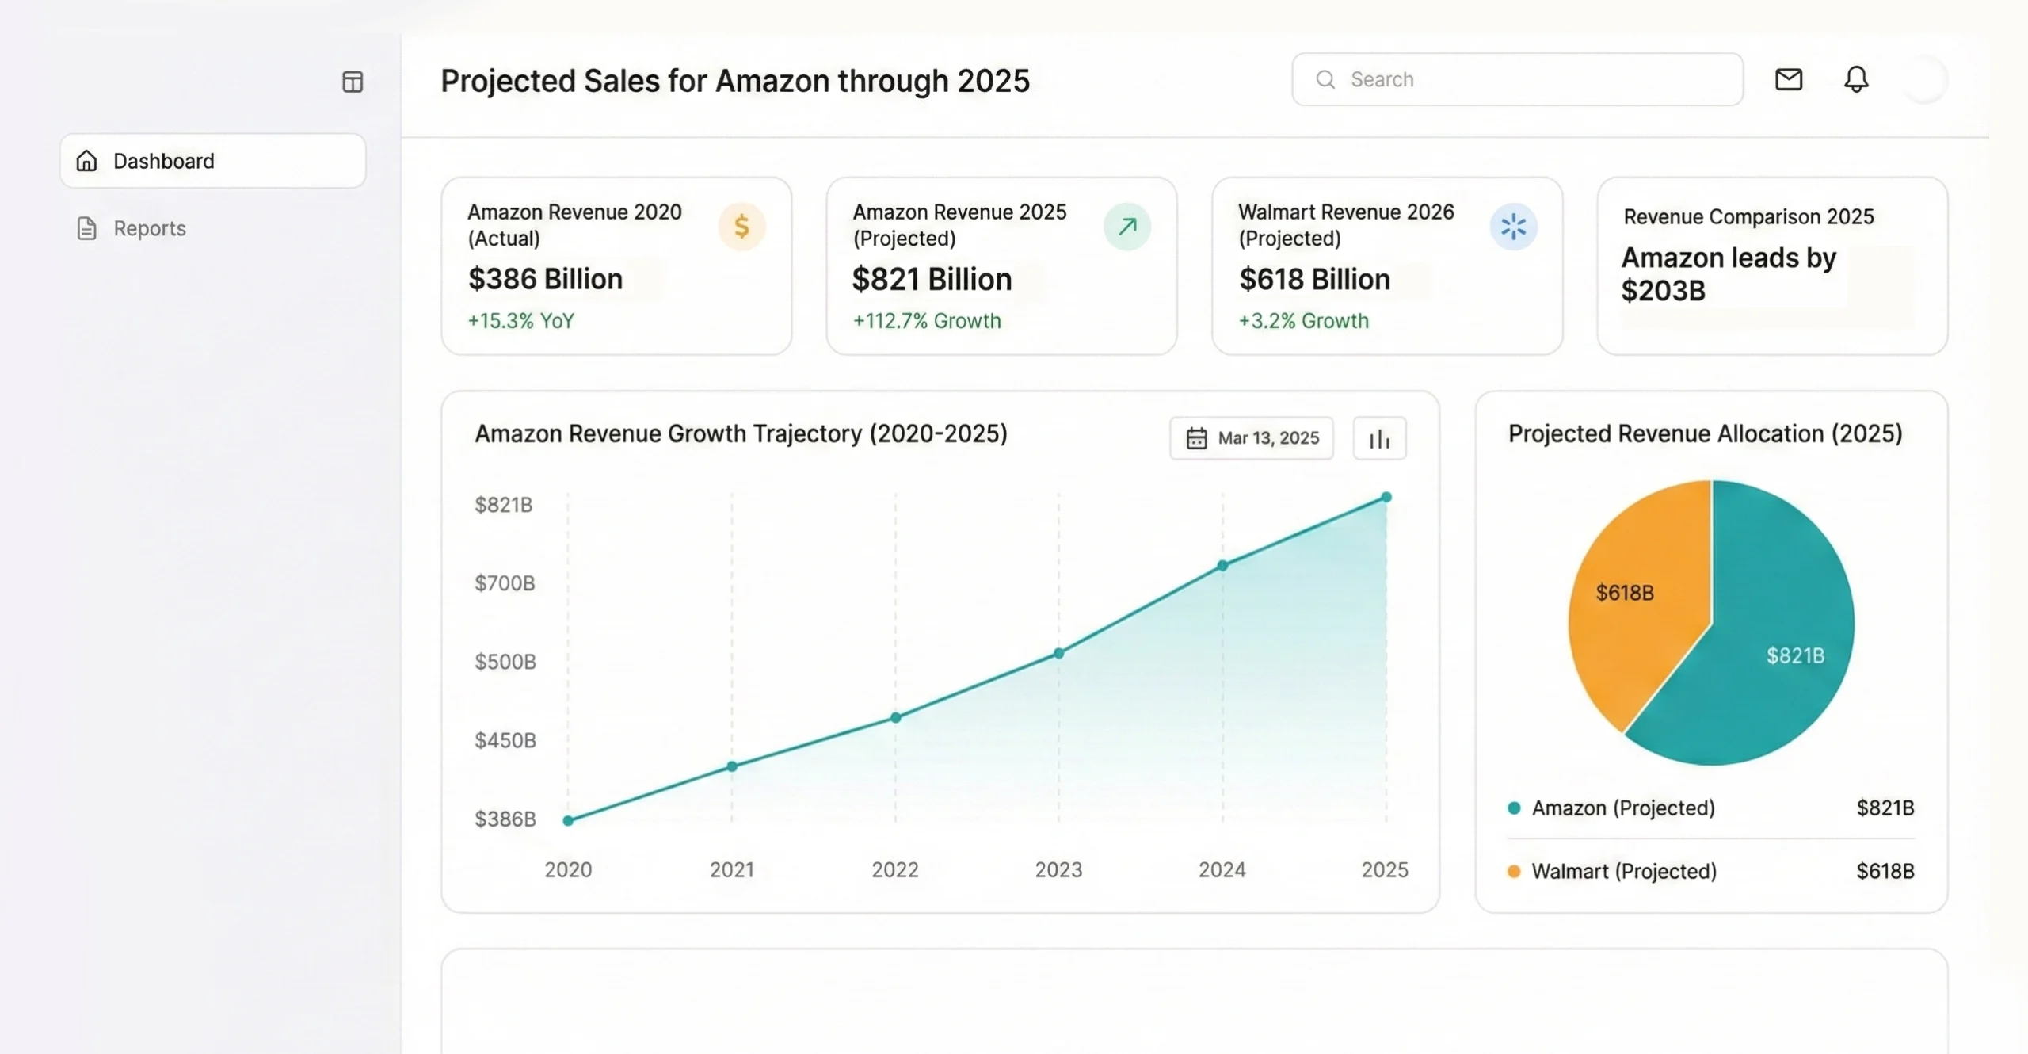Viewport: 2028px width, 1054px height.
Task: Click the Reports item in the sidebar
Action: point(149,228)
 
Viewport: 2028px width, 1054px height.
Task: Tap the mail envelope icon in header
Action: point(1788,79)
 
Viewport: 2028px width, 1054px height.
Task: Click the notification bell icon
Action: point(1856,79)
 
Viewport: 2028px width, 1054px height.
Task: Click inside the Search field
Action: point(1517,79)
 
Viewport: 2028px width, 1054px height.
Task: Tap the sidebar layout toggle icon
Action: point(353,82)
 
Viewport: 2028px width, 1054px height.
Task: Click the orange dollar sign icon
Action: point(741,227)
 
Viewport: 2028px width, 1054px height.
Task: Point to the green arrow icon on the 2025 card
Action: point(1126,227)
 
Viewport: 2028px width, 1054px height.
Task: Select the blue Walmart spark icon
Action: point(1513,227)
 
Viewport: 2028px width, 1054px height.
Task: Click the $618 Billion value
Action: point(1314,279)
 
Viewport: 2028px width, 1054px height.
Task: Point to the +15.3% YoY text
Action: point(520,321)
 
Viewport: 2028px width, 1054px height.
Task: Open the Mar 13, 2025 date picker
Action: point(1252,438)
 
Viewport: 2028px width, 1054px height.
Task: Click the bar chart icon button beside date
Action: point(1379,438)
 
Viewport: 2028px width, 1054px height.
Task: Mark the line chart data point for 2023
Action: point(1059,654)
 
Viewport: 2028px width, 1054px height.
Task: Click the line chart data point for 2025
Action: point(1386,498)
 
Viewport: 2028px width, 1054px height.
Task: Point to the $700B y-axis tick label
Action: point(505,583)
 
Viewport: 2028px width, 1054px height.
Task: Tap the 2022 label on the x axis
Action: point(895,869)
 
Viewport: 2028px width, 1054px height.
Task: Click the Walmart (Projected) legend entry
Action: point(1624,871)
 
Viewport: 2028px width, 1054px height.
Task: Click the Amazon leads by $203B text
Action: point(1729,274)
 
